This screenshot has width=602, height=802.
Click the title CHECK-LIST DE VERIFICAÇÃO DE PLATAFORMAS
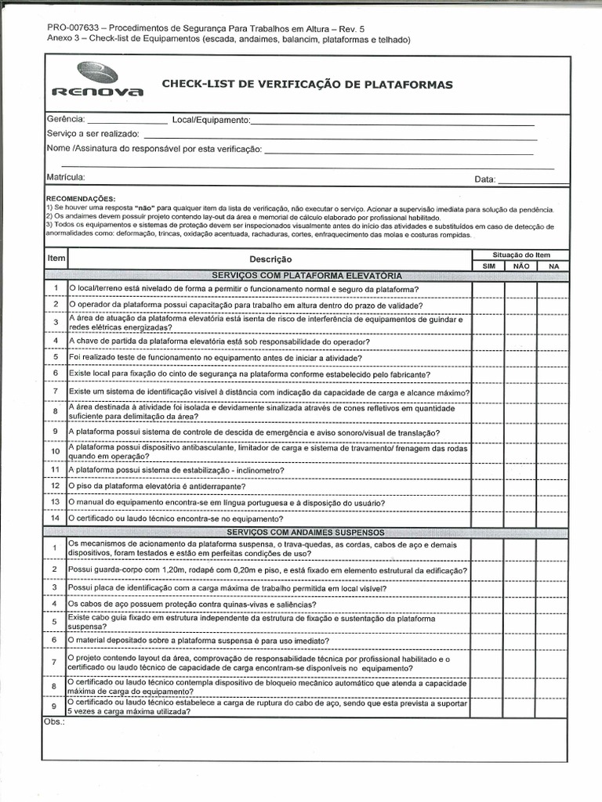pyautogui.click(x=306, y=85)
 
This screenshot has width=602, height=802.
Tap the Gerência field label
pyautogui.click(x=65, y=120)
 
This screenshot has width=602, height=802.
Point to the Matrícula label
pyautogui.click(x=65, y=178)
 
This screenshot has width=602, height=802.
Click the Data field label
pyautogui.click(x=484, y=179)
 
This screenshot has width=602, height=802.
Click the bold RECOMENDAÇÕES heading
pyautogui.click(x=80, y=199)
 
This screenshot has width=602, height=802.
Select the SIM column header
pyautogui.click(x=488, y=266)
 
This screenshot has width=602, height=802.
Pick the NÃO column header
pyautogui.click(x=520, y=266)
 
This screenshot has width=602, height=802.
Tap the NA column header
pyautogui.click(x=553, y=266)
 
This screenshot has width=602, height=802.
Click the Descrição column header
pyautogui.click(x=270, y=259)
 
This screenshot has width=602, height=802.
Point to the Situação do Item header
pyautogui.click(x=520, y=255)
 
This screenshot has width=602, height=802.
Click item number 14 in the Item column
pyautogui.click(x=56, y=518)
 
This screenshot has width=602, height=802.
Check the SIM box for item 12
pyautogui.click(x=488, y=486)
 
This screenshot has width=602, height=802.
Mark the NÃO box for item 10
pyautogui.click(x=520, y=452)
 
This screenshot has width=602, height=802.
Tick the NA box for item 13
pyautogui.click(x=553, y=502)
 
